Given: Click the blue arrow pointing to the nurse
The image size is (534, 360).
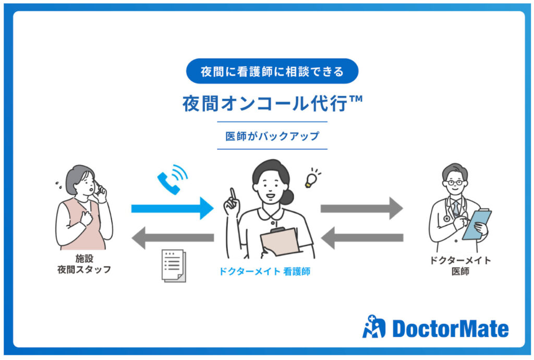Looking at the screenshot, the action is pyautogui.click(x=172, y=208).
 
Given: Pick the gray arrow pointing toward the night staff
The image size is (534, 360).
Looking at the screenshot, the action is pyautogui.click(x=173, y=238).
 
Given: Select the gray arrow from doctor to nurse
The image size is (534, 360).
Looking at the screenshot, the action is pyautogui.click(x=362, y=238).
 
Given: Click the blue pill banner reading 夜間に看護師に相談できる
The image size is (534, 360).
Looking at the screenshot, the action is pyautogui.click(x=272, y=71).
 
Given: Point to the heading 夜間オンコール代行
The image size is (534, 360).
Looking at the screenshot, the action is pyautogui.click(x=265, y=103).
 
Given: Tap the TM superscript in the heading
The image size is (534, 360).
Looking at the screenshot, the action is pyautogui.click(x=356, y=99).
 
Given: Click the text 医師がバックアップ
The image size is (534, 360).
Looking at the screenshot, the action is pyautogui.click(x=272, y=136).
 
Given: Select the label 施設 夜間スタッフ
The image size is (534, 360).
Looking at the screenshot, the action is pyautogui.click(x=84, y=264).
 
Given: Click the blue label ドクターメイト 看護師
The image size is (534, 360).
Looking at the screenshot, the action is pyautogui.click(x=264, y=271).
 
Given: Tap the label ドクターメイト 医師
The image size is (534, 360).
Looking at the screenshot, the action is pyautogui.click(x=460, y=266).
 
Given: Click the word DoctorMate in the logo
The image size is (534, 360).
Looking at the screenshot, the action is pyautogui.click(x=450, y=328).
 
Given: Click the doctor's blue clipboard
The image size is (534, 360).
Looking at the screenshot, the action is pyautogui.click(x=477, y=225).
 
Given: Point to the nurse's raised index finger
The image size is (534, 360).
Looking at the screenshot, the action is pyautogui.click(x=233, y=194).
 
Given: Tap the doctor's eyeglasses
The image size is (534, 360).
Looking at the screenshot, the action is pyautogui.click(x=455, y=183).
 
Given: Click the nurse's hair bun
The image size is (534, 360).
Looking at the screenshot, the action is pyautogui.click(x=287, y=197).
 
